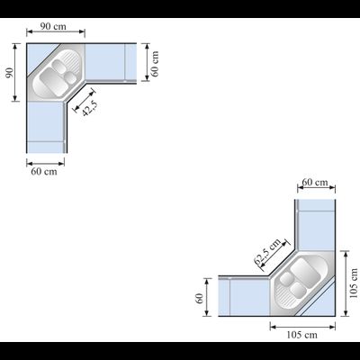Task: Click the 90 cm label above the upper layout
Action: (53, 26)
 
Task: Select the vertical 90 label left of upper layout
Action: (10, 73)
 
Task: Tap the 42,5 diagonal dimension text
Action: (90, 108)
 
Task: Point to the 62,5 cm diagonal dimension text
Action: (267, 251)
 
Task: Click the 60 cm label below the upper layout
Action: (44, 172)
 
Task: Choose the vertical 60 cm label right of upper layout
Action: (155, 64)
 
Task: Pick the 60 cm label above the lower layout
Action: (315, 182)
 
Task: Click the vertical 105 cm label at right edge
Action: (354, 283)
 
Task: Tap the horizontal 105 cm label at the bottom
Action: (301, 335)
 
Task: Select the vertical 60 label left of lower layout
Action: (199, 298)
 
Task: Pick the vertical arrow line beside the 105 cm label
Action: (346, 283)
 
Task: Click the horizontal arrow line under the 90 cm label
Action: (56, 31)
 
